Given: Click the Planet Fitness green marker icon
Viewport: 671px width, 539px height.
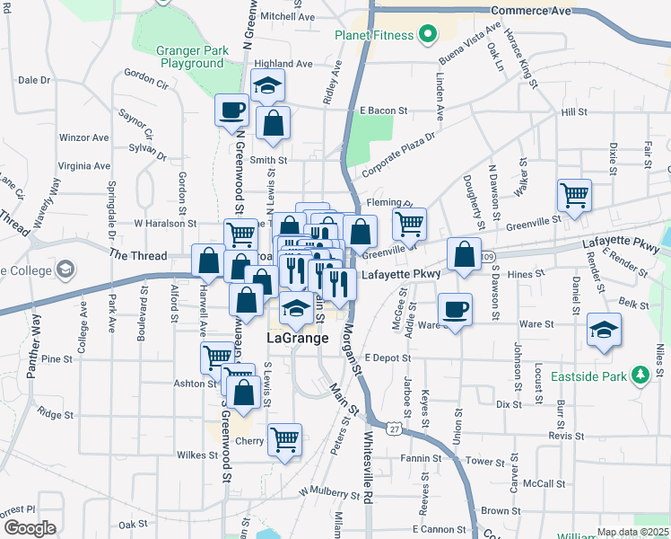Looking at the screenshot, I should pyautogui.click(x=428, y=36).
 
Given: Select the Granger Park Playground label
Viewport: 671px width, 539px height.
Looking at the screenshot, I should pyautogui.click(x=189, y=57).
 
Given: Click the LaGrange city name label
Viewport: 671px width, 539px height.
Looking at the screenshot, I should pyautogui.click(x=298, y=339).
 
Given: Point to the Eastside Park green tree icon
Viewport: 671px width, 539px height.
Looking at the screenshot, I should pyautogui.click(x=640, y=375).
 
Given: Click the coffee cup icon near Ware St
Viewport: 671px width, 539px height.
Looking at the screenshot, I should pyautogui.click(x=456, y=307).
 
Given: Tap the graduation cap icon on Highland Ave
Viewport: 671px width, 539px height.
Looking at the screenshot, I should pyautogui.click(x=267, y=85).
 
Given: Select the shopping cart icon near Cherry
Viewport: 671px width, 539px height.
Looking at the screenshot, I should pyautogui.click(x=284, y=439).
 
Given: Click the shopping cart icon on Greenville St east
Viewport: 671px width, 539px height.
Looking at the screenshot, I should pyautogui.click(x=573, y=193).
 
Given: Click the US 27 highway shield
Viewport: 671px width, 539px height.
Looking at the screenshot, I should pyautogui.click(x=395, y=429).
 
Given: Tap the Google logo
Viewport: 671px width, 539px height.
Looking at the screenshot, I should pyautogui.click(x=30, y=527).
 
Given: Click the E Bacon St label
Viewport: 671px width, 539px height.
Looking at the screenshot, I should pyautogui.click(x=383, y=111).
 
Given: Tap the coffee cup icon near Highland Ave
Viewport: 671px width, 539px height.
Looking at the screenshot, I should pyautogui.click(x=231, y=110).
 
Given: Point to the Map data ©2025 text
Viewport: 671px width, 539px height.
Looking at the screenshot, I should pyautogui.click(x=632, y=532).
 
